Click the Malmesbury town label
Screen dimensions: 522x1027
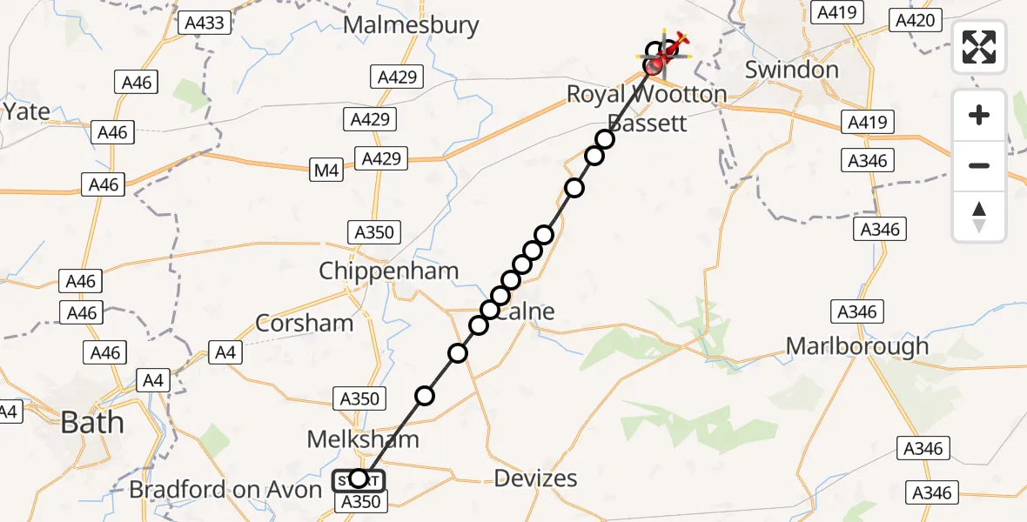click(411, 25)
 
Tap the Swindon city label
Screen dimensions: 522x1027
click(791, 70)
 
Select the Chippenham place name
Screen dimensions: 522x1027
click(388, 271)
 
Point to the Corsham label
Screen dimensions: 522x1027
click(305, 324)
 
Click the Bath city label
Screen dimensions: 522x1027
click(91, 424)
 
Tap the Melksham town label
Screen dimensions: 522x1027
click(363, 439)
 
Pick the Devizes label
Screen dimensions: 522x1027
click(535, 478)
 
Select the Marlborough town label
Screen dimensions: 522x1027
click(857, 346)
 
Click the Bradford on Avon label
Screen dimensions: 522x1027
click(225, 490)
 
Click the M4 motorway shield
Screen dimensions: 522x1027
click(326, 172)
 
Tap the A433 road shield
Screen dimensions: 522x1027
click(205, 23)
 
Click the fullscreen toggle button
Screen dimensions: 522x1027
click(979, 47)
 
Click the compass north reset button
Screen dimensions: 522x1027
click(979, 217)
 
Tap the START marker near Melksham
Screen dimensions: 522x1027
click(358, 478)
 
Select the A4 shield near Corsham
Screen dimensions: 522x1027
click(225, 352)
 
